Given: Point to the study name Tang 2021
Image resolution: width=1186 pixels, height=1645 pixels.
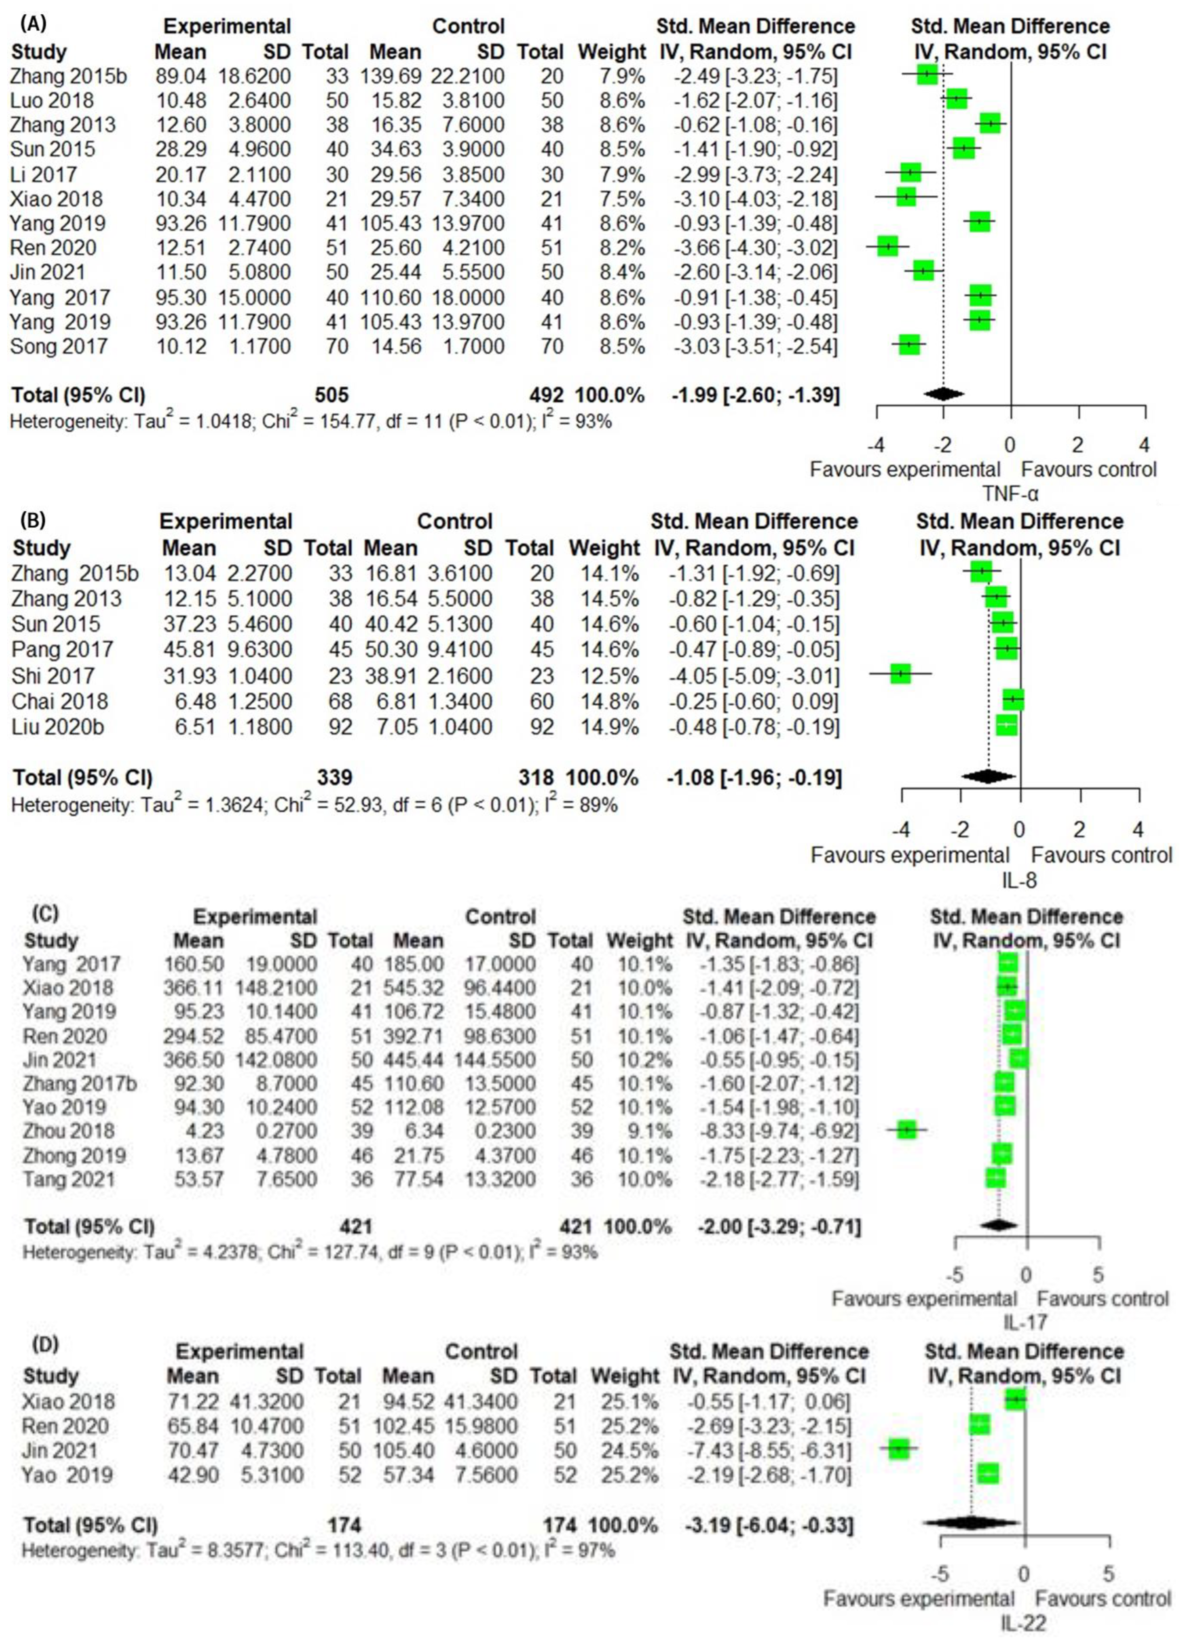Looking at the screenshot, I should click(69, 1179).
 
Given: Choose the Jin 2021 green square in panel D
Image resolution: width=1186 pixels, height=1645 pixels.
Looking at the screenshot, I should click(899, 1449).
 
